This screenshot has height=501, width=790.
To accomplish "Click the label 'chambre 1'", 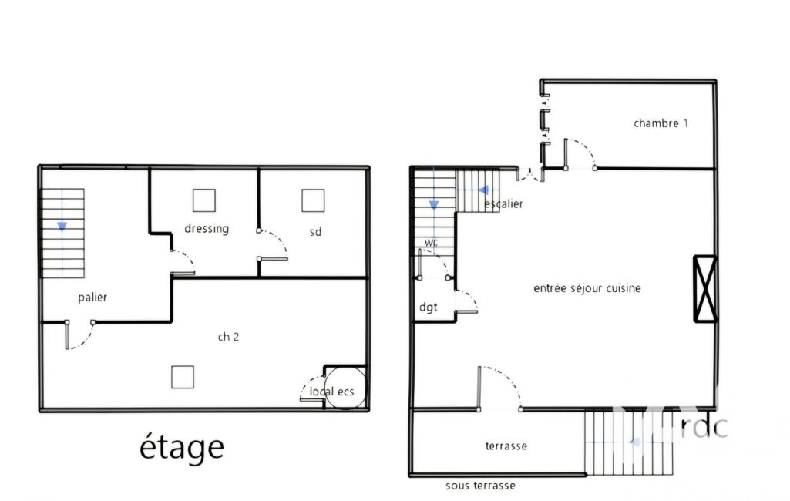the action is point(661,123).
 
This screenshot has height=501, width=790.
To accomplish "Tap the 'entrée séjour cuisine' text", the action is point(587,288).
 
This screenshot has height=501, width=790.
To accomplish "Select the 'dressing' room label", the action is point(207,229).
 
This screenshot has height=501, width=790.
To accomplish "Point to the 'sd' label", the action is point(315,232).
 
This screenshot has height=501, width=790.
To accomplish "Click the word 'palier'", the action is point(92,298).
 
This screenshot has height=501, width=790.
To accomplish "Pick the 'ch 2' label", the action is point(228,337).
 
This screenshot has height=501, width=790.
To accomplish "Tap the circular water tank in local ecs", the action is point(345,388).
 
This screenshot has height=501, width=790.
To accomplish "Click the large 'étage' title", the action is point(181,446).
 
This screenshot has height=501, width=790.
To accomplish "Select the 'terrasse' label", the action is point(506,446).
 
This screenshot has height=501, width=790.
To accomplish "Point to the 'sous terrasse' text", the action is point(480,486).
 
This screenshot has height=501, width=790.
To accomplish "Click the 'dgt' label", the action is point(429,308).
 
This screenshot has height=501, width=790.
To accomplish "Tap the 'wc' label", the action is point(431,243).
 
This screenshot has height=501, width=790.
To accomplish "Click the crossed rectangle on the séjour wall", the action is point(705,289).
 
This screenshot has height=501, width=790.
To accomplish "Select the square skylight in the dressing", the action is point(204,200).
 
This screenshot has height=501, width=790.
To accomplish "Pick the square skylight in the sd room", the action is point(313,200).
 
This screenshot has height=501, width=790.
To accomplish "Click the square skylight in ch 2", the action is point(183,377).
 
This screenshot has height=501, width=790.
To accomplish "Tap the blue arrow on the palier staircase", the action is point(62,227).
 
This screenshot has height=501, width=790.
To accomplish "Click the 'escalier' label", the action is point(504,204).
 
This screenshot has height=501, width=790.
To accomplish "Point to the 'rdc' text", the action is point(704,427).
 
